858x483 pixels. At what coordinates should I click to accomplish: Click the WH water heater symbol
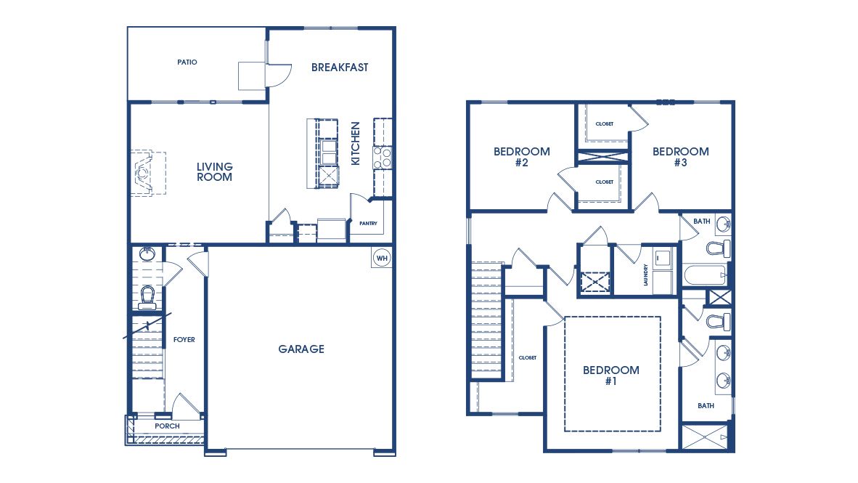point(382,258)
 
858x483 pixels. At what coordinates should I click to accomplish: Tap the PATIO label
point(187,62)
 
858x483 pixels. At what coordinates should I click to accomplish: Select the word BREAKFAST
point(340,68)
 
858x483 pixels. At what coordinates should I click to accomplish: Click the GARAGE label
point(301,349)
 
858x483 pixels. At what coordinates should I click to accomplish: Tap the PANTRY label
point(368,224)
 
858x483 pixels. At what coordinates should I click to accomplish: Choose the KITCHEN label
point(356,143)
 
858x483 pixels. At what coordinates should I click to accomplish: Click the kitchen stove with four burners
point(383,158)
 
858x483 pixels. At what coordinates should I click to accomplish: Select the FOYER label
point(184,339)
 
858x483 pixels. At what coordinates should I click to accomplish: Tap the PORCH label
point(167,426)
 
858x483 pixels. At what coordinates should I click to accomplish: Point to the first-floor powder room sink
point(147,254)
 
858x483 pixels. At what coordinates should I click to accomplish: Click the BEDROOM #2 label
point(521,157)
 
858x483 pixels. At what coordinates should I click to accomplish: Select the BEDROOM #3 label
point(680,157)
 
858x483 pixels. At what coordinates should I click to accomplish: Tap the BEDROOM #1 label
point(611,375)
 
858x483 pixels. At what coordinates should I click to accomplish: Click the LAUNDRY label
point(645,274)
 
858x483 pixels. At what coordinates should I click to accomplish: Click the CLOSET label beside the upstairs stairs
point(527,358)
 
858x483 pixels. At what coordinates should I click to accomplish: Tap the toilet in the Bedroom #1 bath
point(718,320)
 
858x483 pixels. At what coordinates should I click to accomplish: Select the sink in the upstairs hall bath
point(723,224)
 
